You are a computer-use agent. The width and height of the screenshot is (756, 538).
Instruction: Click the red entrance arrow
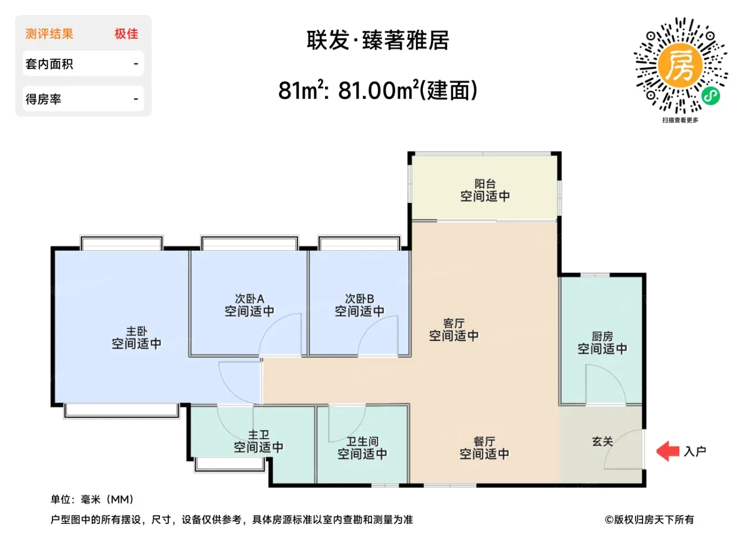[667, 451]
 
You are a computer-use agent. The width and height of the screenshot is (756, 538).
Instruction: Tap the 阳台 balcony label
[485, 184]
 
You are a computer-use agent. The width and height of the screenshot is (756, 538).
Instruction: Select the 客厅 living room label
[454, 323]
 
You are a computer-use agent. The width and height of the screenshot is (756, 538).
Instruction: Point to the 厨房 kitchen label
[602, 336]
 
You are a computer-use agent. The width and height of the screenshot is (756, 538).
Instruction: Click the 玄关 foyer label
[603, 441]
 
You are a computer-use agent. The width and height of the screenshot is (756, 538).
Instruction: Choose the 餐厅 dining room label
[484, 441]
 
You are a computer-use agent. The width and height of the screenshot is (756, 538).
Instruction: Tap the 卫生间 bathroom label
[362, 441]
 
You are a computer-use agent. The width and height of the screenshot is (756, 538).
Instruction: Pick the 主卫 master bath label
[259, 435]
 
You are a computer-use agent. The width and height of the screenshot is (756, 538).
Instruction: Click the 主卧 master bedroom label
[137, 331]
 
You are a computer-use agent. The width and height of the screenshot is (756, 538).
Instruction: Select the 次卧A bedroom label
[249, 299]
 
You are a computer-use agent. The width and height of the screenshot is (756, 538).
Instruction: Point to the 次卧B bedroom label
[360, 299]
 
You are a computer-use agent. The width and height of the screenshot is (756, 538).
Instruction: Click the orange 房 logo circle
[680, 65]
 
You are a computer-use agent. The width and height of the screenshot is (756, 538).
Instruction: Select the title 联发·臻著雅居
[377, 40]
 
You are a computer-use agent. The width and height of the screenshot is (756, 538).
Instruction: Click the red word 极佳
[126, 34]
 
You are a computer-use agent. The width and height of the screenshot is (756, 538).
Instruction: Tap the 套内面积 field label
[49, 64]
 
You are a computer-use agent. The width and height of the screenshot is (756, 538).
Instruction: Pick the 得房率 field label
[44, 99]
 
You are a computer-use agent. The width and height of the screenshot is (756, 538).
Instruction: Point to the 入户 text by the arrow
[695, 451]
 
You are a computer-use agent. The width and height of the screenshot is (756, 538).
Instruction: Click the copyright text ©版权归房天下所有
[649, 520]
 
